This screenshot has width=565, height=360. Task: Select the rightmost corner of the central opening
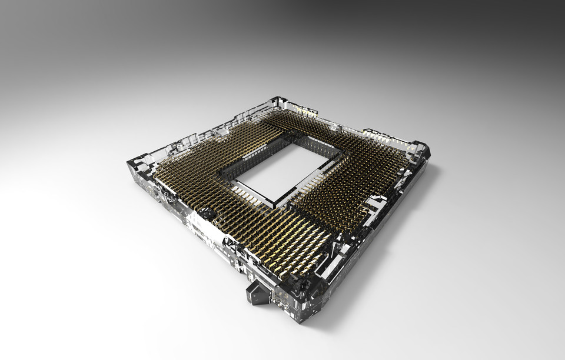[x=343, y=154]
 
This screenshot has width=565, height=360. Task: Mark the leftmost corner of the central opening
[x=219, y=171]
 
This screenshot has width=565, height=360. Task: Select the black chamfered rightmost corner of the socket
[x=423, y=147]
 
